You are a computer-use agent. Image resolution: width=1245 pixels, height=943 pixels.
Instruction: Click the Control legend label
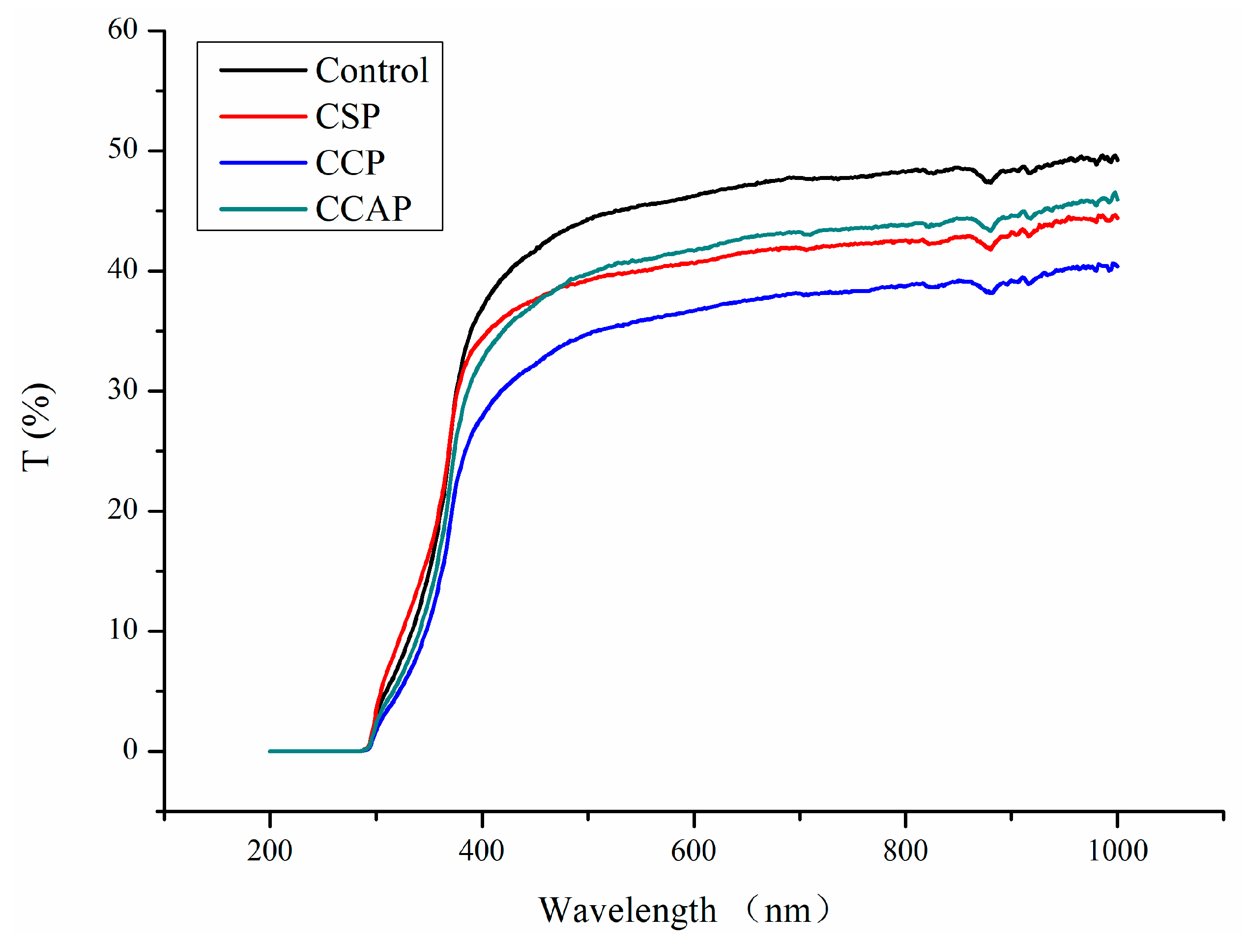tap(372, 70)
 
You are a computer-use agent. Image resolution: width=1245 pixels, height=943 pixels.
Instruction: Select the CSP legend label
tap(347, 117)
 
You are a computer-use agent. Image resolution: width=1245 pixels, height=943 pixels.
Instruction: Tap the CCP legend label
tap(349, 163)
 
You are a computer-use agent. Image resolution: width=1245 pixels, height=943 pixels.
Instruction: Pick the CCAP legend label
tap(363, 209)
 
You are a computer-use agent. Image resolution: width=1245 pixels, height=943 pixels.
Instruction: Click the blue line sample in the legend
tap(263, 163)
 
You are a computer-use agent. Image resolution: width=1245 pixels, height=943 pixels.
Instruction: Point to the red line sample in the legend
tap(263, 117)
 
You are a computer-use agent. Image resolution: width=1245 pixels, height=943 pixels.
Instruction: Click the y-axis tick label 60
tap(123, 29)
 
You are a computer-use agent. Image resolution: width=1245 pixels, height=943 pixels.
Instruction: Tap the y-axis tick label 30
tap(123, 389)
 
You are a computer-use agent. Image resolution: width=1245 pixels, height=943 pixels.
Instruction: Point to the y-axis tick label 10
tap(123, 629)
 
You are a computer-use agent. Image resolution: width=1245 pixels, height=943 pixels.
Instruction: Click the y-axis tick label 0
tap(130, 749)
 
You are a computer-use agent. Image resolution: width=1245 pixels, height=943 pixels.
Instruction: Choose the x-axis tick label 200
tap(270, 851)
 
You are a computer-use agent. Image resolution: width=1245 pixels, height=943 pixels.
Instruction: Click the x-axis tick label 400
tap(481, 851)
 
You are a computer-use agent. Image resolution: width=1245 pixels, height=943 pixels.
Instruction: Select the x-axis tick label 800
tap(905, 851)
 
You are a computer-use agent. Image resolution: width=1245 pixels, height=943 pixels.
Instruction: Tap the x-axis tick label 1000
tap(1117, 851)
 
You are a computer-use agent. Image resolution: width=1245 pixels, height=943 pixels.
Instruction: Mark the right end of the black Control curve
tap(1117, 160)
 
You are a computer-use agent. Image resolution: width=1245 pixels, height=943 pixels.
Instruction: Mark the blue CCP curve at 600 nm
tap(694, 311)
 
